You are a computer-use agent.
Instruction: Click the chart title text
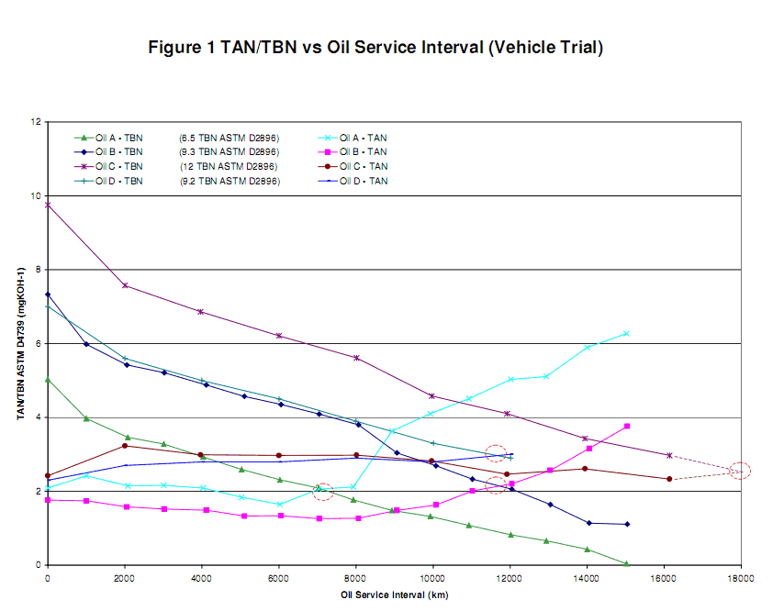375,47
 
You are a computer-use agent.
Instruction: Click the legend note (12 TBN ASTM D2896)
229,166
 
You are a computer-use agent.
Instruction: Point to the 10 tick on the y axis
36,195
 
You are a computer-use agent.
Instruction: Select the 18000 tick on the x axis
741,579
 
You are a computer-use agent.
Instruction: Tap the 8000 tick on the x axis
355,579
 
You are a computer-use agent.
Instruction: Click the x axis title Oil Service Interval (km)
391,595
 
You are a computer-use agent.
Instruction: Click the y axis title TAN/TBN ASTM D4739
19,343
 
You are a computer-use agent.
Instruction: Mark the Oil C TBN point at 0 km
48,205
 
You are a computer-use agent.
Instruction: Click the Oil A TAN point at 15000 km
626,333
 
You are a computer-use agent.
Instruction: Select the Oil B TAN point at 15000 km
626,426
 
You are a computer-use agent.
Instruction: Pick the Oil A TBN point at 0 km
48,379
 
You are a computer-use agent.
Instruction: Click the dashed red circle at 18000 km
740,472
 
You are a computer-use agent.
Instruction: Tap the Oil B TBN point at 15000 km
626,524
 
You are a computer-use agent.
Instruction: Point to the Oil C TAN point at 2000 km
125,446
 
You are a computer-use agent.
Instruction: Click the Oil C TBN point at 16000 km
669,455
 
